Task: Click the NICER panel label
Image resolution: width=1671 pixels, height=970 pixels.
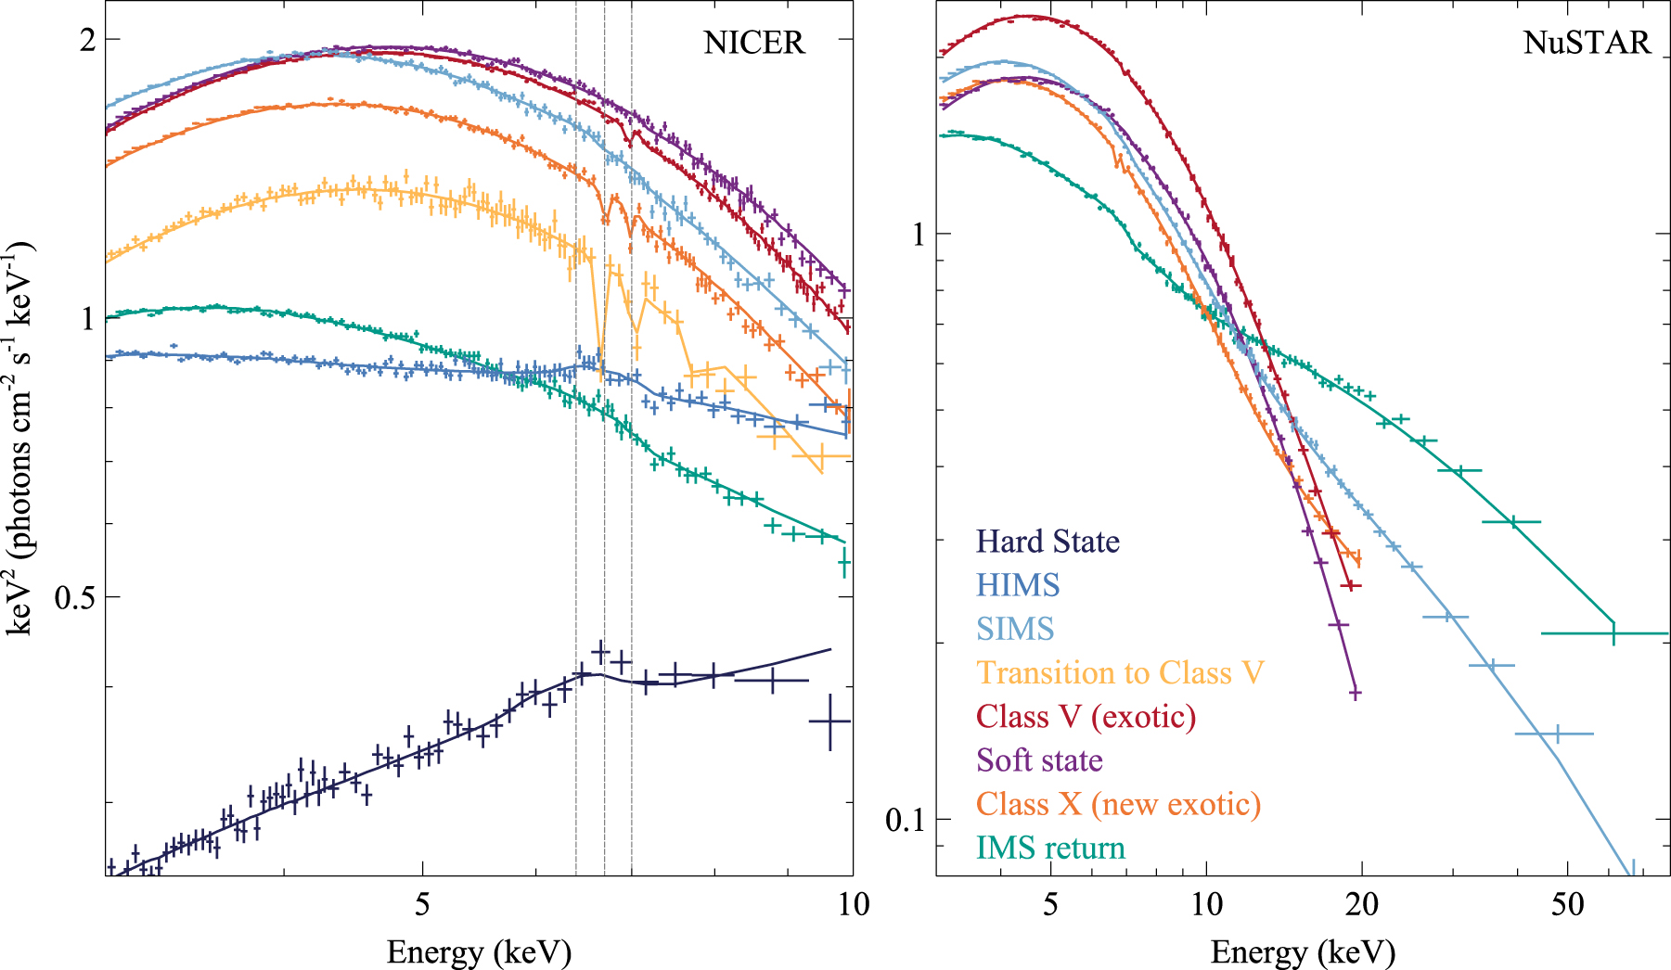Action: pos(753,43)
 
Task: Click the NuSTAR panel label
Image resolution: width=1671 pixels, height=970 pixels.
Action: pos(1587,43)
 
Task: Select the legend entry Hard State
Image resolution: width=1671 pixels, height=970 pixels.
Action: pos(1048,542)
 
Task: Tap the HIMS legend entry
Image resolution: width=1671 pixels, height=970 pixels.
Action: pos(1018,585)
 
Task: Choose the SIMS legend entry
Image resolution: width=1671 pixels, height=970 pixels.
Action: pos(1015,629)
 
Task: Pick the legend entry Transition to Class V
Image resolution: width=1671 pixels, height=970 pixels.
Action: pos(1120,672)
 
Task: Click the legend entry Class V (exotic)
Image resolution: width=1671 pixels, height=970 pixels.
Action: pos(1086,717)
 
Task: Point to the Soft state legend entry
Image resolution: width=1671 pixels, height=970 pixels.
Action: pos(1039,760)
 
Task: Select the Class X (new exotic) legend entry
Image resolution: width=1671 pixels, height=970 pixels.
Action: pos(1118,804)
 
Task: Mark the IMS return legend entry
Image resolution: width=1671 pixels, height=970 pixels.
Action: pos(1050,848)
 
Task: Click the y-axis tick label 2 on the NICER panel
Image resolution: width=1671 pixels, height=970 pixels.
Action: pos(87,40)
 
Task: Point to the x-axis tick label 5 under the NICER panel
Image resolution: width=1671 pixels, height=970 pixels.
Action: pos(422,904)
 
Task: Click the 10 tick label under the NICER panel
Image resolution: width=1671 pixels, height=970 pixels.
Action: pos(853,904)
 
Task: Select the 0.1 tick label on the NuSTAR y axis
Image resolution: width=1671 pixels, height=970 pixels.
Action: pos(906,820)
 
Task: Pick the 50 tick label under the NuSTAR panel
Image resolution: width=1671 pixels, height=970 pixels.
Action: pos(1567,904)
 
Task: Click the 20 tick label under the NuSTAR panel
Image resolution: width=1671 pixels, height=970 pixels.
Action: pos(1361,904)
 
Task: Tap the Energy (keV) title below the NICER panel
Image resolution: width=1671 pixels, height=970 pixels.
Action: pos(479,952)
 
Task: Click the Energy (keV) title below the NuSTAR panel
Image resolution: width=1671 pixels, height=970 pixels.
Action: pos(1303,952)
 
